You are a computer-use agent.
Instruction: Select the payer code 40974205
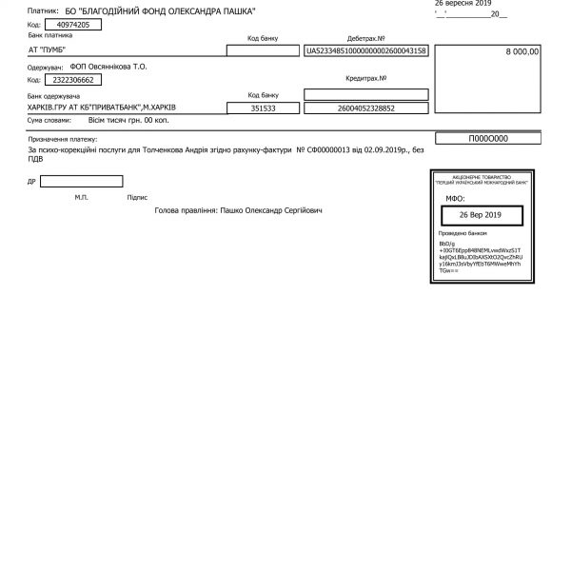click(x=72, y=23)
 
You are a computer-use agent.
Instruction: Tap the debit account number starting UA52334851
click(x=366, y=50)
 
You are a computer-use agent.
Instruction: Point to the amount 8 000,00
click(x=522, y=51)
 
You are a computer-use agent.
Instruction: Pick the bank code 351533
click(x=263, y=109)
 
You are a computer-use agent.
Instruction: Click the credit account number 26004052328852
click(x=366, y=109)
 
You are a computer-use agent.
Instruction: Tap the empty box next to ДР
click(x=82, y=181)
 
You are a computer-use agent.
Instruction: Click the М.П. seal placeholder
click(x=81, y=198)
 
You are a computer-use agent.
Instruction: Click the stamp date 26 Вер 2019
click(x=479, y=215)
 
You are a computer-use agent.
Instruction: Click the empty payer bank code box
click(x=263, y=50)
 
